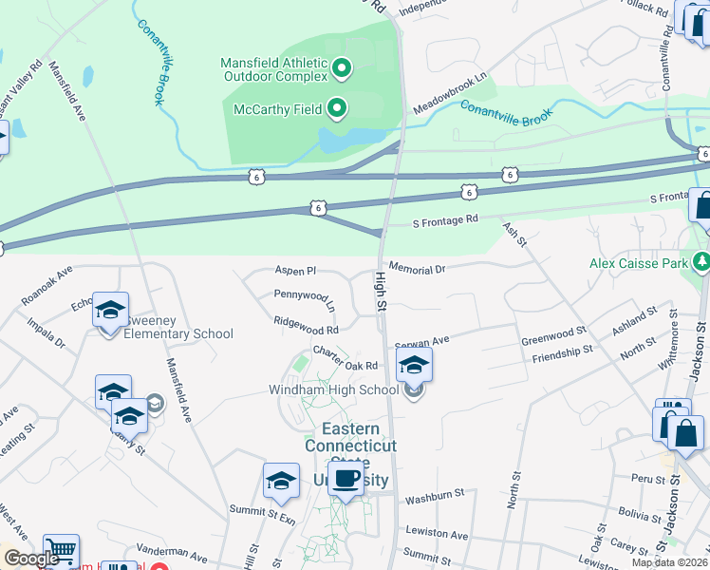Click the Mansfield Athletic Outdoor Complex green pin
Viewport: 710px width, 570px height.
[x=343, y=68]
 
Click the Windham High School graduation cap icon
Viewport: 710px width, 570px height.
[x=414, y=365]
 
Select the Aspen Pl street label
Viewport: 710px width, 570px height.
[x=294, y=271]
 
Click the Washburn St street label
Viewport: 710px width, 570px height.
[x=434, y=495]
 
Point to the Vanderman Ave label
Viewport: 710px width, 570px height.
[x=171, y=555]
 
